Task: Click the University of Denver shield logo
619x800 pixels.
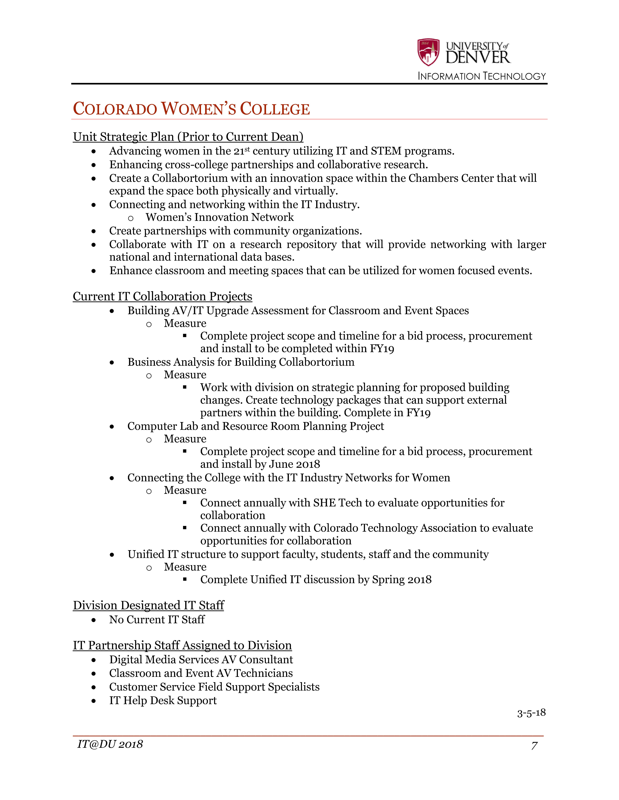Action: coord(428,52)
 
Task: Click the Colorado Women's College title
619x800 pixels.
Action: coord(191,109)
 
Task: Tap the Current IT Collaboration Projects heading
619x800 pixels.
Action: coord(162,296)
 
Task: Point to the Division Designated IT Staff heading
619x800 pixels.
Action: coord(149,605)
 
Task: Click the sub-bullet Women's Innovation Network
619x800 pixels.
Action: coord(220,217)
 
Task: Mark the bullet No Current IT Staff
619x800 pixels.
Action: coord(157,619)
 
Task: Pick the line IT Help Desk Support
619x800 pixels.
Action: coord(163,700)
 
